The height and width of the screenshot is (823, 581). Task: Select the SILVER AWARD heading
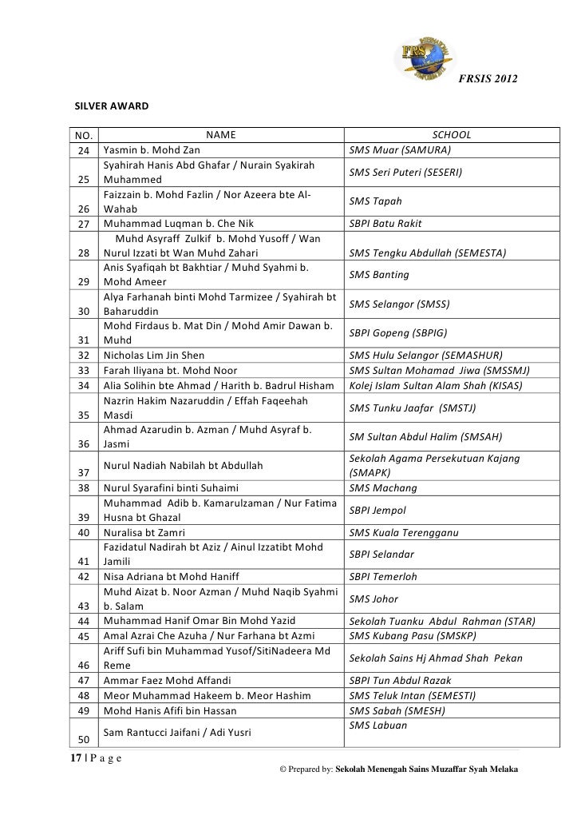107,105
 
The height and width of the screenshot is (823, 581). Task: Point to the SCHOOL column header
451,135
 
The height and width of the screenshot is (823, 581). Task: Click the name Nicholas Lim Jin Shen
154,355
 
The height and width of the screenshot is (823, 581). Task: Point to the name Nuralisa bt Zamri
144,532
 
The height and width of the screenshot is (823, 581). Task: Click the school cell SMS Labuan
378,725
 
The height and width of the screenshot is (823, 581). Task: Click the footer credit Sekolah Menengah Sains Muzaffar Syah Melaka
427,769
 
